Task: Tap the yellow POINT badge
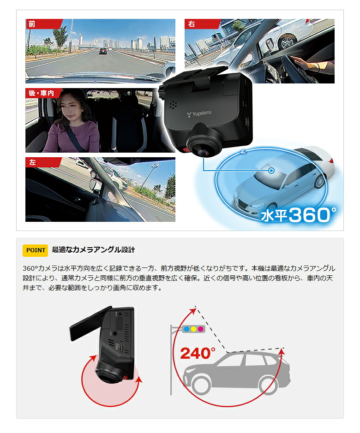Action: (36, 250)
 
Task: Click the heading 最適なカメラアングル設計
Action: (93, 250)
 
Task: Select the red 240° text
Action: (198, 353)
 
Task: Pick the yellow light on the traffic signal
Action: (194, 329)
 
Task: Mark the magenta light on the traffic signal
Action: (201, 329)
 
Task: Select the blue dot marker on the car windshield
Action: (272, 171)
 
